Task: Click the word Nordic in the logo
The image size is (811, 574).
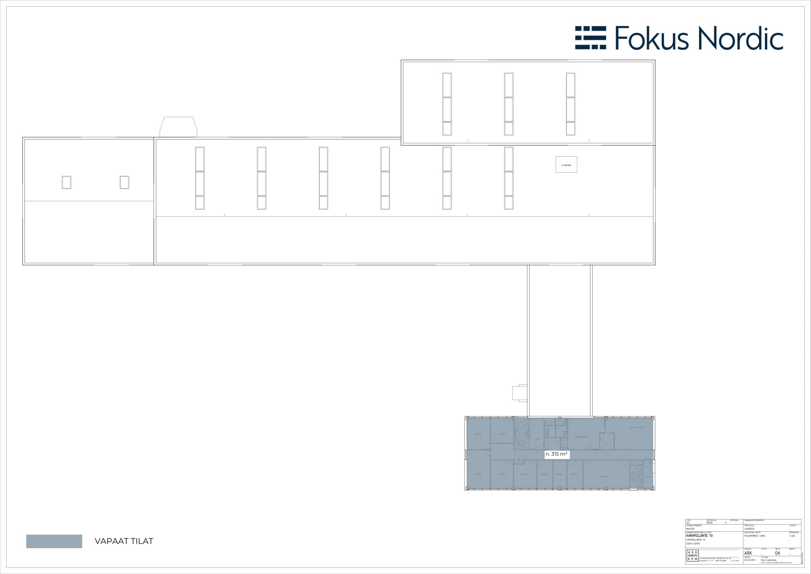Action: tap(740, 38)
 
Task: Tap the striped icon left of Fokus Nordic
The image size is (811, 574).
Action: tap(591, 38)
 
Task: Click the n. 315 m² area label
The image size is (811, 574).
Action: tap(557, 454)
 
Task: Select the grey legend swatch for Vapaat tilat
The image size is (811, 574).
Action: tap(54, 541)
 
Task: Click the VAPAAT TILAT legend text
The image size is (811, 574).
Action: tap(124, 541)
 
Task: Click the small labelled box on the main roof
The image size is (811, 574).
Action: tap(566, 165)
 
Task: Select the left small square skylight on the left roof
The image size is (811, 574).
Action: tap(66, 182)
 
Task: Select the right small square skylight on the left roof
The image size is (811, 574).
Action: tap(124, 182)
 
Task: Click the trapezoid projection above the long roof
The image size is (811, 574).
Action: tap(178, 127)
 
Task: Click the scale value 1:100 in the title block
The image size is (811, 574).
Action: tap(792, 536)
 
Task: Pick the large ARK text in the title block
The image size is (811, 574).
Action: tap(748, 553)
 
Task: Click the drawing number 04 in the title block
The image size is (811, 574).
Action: tap(778, 553)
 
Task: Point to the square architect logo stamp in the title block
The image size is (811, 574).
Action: tap(693, 556)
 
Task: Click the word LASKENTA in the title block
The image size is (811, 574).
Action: tap(749, 529)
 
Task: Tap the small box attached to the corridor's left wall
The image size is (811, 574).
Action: tap(519, 392)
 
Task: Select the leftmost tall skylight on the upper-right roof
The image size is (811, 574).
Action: tap(447, 104)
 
